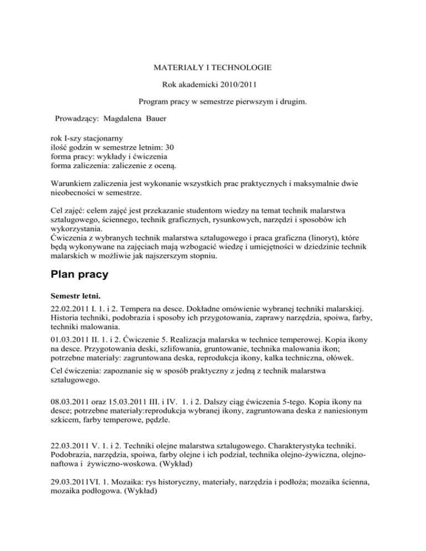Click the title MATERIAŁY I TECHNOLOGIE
pyautogui.click(x=212, y=68)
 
